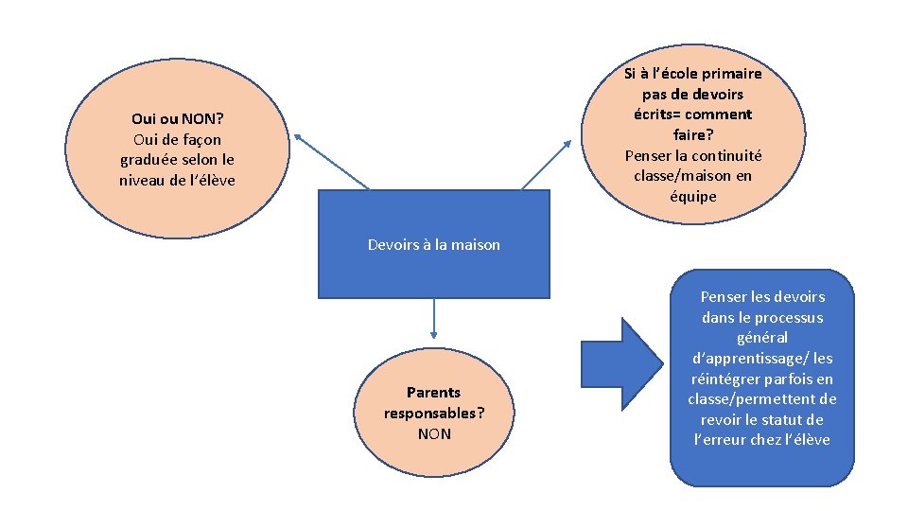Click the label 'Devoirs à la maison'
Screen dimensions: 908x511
[433, 245]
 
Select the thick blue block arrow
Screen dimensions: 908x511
[620, 364]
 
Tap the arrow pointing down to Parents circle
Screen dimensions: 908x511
[433, 318]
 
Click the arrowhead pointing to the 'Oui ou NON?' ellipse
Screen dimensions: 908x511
[297, 136]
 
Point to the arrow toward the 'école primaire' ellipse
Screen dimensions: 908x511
[547, 165]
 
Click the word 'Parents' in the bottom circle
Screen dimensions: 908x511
[433, 392]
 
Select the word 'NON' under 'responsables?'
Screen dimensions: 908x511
[434, 433]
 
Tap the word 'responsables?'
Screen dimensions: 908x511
[434, 413]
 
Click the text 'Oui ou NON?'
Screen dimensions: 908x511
[177, 119]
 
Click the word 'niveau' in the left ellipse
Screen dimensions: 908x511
[142, 180]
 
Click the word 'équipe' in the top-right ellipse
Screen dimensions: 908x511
[693, 197]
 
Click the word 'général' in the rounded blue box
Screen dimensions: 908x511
[761, 338]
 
